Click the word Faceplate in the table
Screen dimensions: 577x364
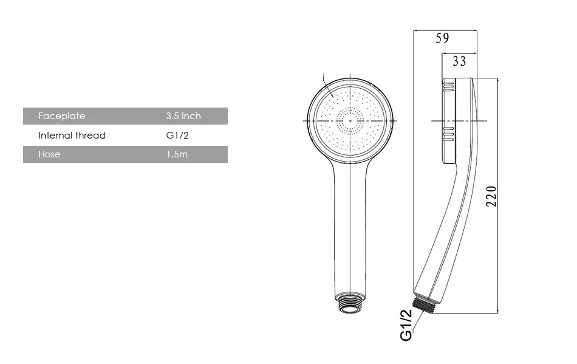tap(62, 116)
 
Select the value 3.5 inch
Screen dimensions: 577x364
tap(183, 116)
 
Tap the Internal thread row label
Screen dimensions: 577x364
tap(72, 136)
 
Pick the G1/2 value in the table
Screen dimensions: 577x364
tap(177, 136)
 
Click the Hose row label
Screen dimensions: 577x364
tap(49, 154)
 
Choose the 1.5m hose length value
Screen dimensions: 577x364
tap(177, 154)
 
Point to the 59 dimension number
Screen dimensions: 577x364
tap(442, 38)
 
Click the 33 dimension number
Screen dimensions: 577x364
tap(459, 61)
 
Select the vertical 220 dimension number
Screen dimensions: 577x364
tap(491, 196)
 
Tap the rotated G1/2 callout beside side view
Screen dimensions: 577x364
tap(406, 325)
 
